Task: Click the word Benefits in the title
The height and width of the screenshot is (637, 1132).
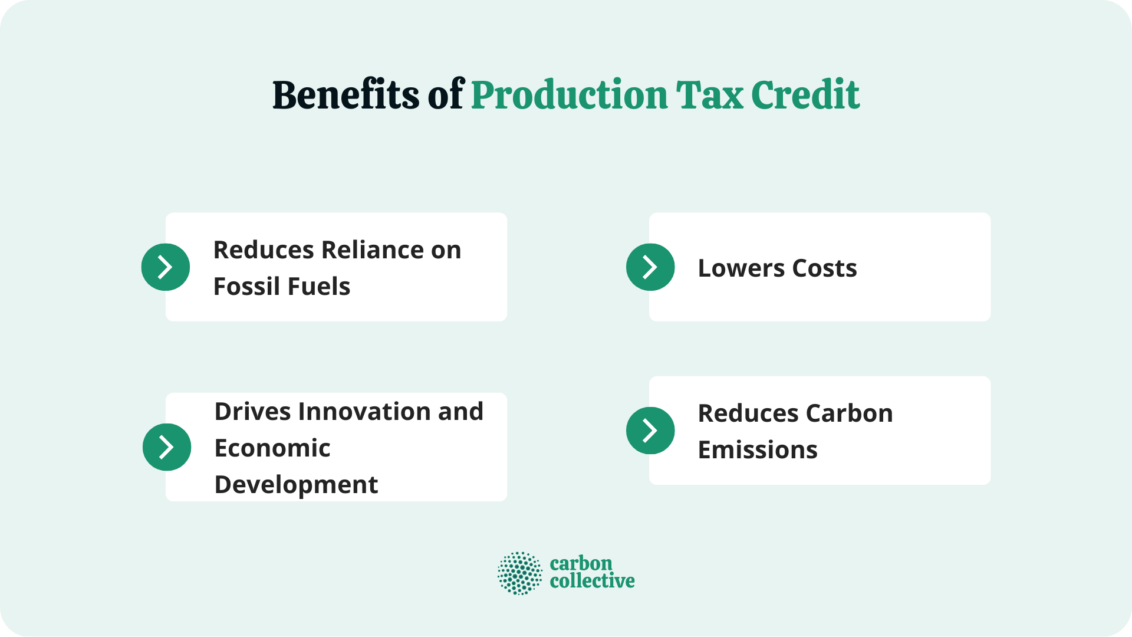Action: pyautogui.click(x=345, y=95)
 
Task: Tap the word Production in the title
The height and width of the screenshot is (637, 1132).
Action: pyautogui.click(x=570, y=95)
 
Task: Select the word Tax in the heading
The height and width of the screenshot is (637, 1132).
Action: pyautogui.click(x=709, y=95)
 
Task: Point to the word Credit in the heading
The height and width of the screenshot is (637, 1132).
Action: pyautogui.click(x=805, y=95)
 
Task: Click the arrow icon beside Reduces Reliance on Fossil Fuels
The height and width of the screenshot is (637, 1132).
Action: pyautogui.click(x=166, y=267)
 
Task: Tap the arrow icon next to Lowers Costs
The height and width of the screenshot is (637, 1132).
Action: pyautogui.click(x=650, y=267)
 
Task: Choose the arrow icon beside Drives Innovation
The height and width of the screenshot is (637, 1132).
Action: pyautogui.click(x=167, y=447)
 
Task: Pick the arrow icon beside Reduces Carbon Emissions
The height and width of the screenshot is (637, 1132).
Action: pyautogui.click(x=650, y=431)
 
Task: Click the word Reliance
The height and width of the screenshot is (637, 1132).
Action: pyautogui.click(x=373, y=250)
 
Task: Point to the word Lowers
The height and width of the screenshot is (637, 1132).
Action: pyautogui.click(x=741, y=268)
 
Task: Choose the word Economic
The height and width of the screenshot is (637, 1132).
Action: pyautogui.click(x=272, y=448)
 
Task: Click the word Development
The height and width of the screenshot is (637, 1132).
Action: pyautogui.click(x=296, y=485)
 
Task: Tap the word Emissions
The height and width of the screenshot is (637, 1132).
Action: pyautogui.click(x=758, y=450)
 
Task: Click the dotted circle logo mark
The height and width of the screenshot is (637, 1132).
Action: pyautogui.click(x=519, y=573)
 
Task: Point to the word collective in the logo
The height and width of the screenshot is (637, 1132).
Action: pyautogui.click(x=592, y=582)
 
